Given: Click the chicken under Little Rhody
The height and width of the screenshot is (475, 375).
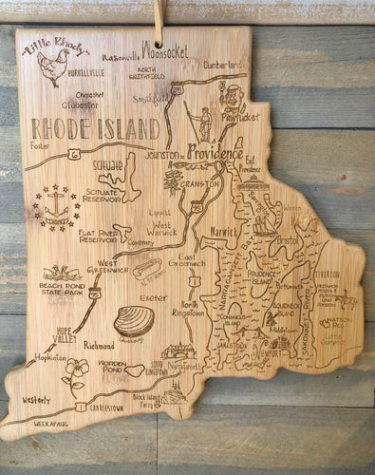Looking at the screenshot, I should point(52,68).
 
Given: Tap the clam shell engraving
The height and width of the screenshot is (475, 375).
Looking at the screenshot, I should point(134,322).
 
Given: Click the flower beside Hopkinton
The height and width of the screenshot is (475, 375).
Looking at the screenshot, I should point(75,372).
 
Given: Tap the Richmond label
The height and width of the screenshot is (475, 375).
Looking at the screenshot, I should point(99,345).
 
